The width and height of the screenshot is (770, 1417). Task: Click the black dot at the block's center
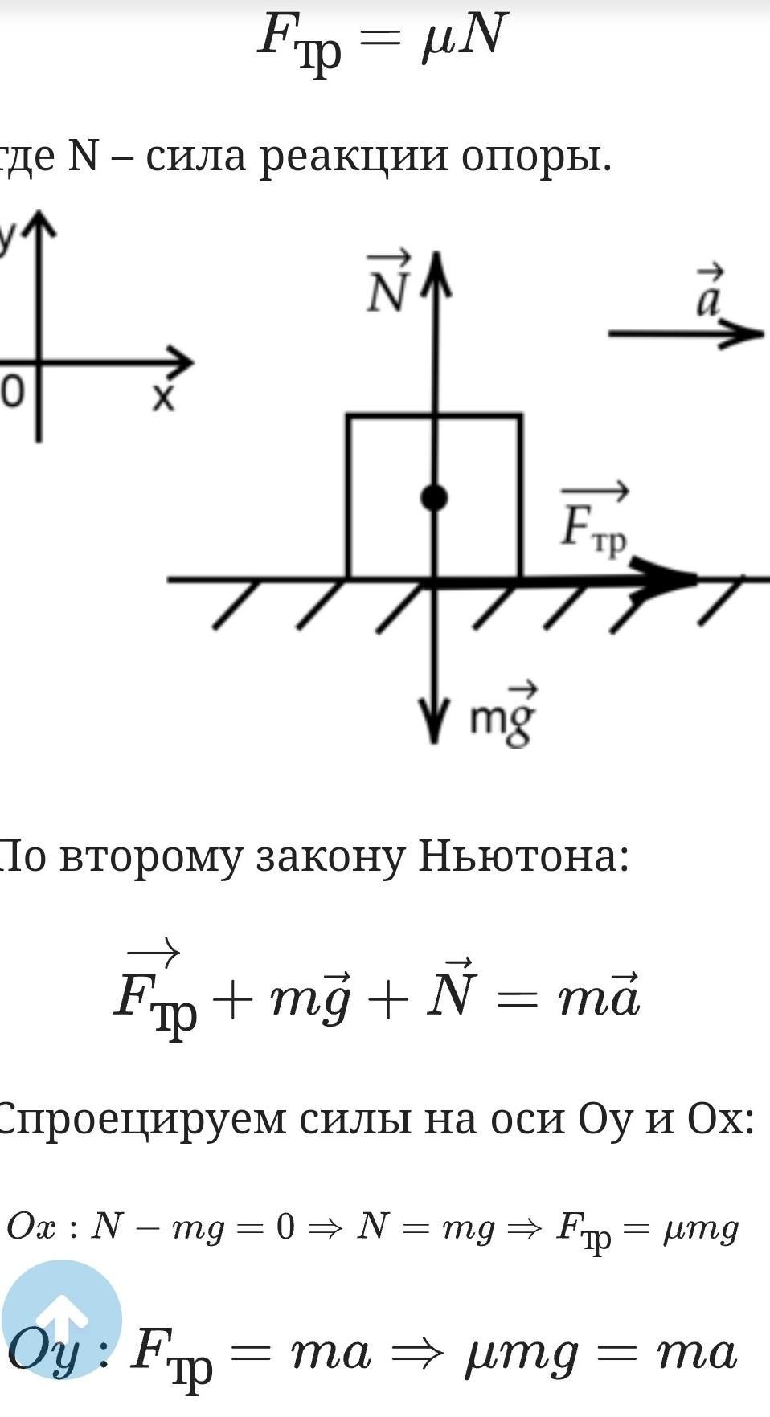point(434,499)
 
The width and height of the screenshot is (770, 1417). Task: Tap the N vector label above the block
point(389,283)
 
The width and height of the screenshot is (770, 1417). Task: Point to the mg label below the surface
point(503,715)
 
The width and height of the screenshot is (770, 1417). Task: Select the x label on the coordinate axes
point(164,397)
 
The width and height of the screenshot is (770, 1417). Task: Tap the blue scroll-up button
point(62,1320)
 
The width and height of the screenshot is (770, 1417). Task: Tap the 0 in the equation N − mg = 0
point(285,1227)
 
